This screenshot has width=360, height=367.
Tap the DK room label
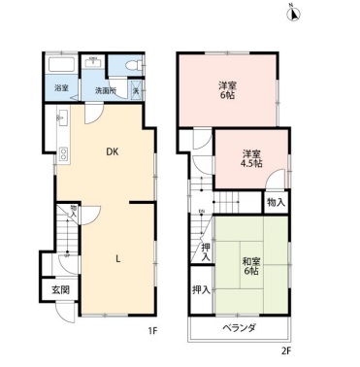(x=112, y=150)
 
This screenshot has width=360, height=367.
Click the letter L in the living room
(x=118, y=258)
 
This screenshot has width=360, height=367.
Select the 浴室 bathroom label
(x=61, y=90)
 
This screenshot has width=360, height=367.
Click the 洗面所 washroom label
(x=105, y=91)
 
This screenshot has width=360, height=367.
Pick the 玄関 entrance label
(x=60, y=289)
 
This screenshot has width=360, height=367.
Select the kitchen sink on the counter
(x=63, y=122)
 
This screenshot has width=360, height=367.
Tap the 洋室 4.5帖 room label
(x=252, y=158)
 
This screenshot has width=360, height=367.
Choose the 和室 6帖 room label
(x=250, y=264)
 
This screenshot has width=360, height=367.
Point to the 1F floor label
(x=152, y=331)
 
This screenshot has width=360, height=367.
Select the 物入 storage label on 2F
(x=277, y=203)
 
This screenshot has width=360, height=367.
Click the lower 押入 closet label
(x=201, y=290)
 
